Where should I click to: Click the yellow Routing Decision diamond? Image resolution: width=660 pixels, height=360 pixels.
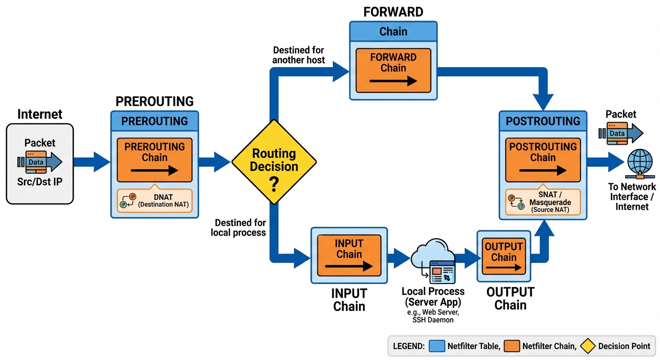(x=274, y=162)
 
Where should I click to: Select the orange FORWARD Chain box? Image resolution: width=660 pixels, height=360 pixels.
(x=393, y=70)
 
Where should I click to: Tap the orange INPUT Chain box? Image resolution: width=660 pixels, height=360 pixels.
(x=349, y=255)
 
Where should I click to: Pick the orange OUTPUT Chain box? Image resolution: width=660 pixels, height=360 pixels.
(x=503, y=257)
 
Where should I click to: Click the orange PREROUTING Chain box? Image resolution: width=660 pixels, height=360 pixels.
(x=154, y=159)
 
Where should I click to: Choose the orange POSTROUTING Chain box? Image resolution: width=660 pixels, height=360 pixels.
(x=542, y=159)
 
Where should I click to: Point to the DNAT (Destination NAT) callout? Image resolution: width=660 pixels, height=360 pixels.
(x=154, y=201)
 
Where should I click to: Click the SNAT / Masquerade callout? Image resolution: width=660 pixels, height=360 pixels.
(x=542, y=202)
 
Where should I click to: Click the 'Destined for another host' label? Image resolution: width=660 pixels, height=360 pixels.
(x=299, y=55)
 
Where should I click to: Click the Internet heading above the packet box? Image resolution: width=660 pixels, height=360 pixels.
(x=40, y=114)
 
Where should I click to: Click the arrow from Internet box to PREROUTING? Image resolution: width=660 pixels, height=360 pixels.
(x=91, y=162)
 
